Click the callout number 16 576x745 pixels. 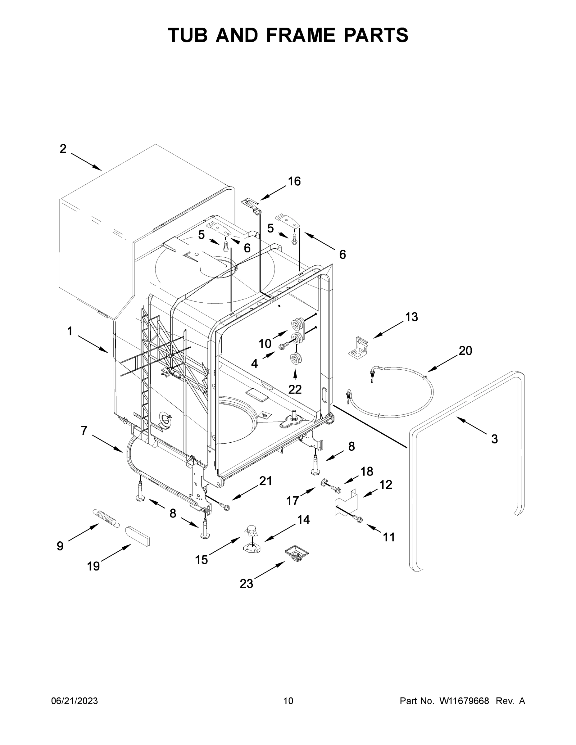(294, 182)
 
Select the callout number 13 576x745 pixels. (411, 317)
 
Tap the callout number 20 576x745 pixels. (465, 351)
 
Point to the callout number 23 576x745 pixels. (246, 584)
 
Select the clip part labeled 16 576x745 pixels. (252, 206)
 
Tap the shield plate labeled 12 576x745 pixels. (345, 503)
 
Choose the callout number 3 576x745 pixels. (494, 439)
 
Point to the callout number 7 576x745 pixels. (84, 431)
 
